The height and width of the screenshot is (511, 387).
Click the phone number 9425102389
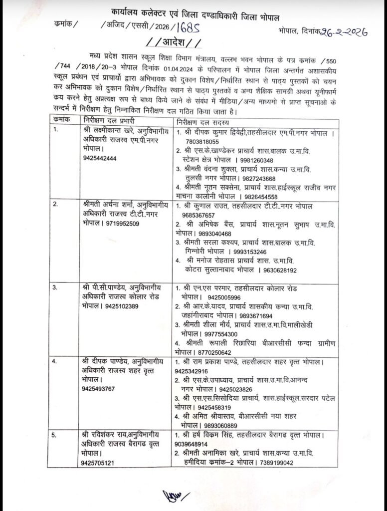click(x=126, y=306)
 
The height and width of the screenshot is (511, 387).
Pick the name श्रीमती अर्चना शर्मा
click(x=102, y=205)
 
